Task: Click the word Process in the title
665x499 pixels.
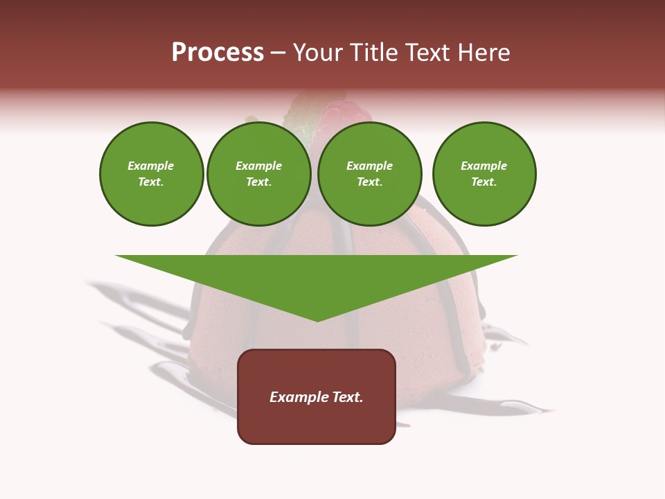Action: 218,53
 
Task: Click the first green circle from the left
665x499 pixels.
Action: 152,174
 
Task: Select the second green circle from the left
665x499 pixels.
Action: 259,174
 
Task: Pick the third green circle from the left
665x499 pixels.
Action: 370,174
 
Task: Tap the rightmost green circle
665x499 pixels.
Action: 484,174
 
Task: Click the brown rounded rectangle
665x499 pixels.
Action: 317,423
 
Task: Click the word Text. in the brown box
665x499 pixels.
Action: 346,397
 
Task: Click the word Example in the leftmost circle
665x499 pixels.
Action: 151,166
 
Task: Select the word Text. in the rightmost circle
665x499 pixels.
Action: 484,182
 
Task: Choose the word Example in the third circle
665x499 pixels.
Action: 370,166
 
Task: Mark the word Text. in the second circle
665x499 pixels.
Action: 259,182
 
